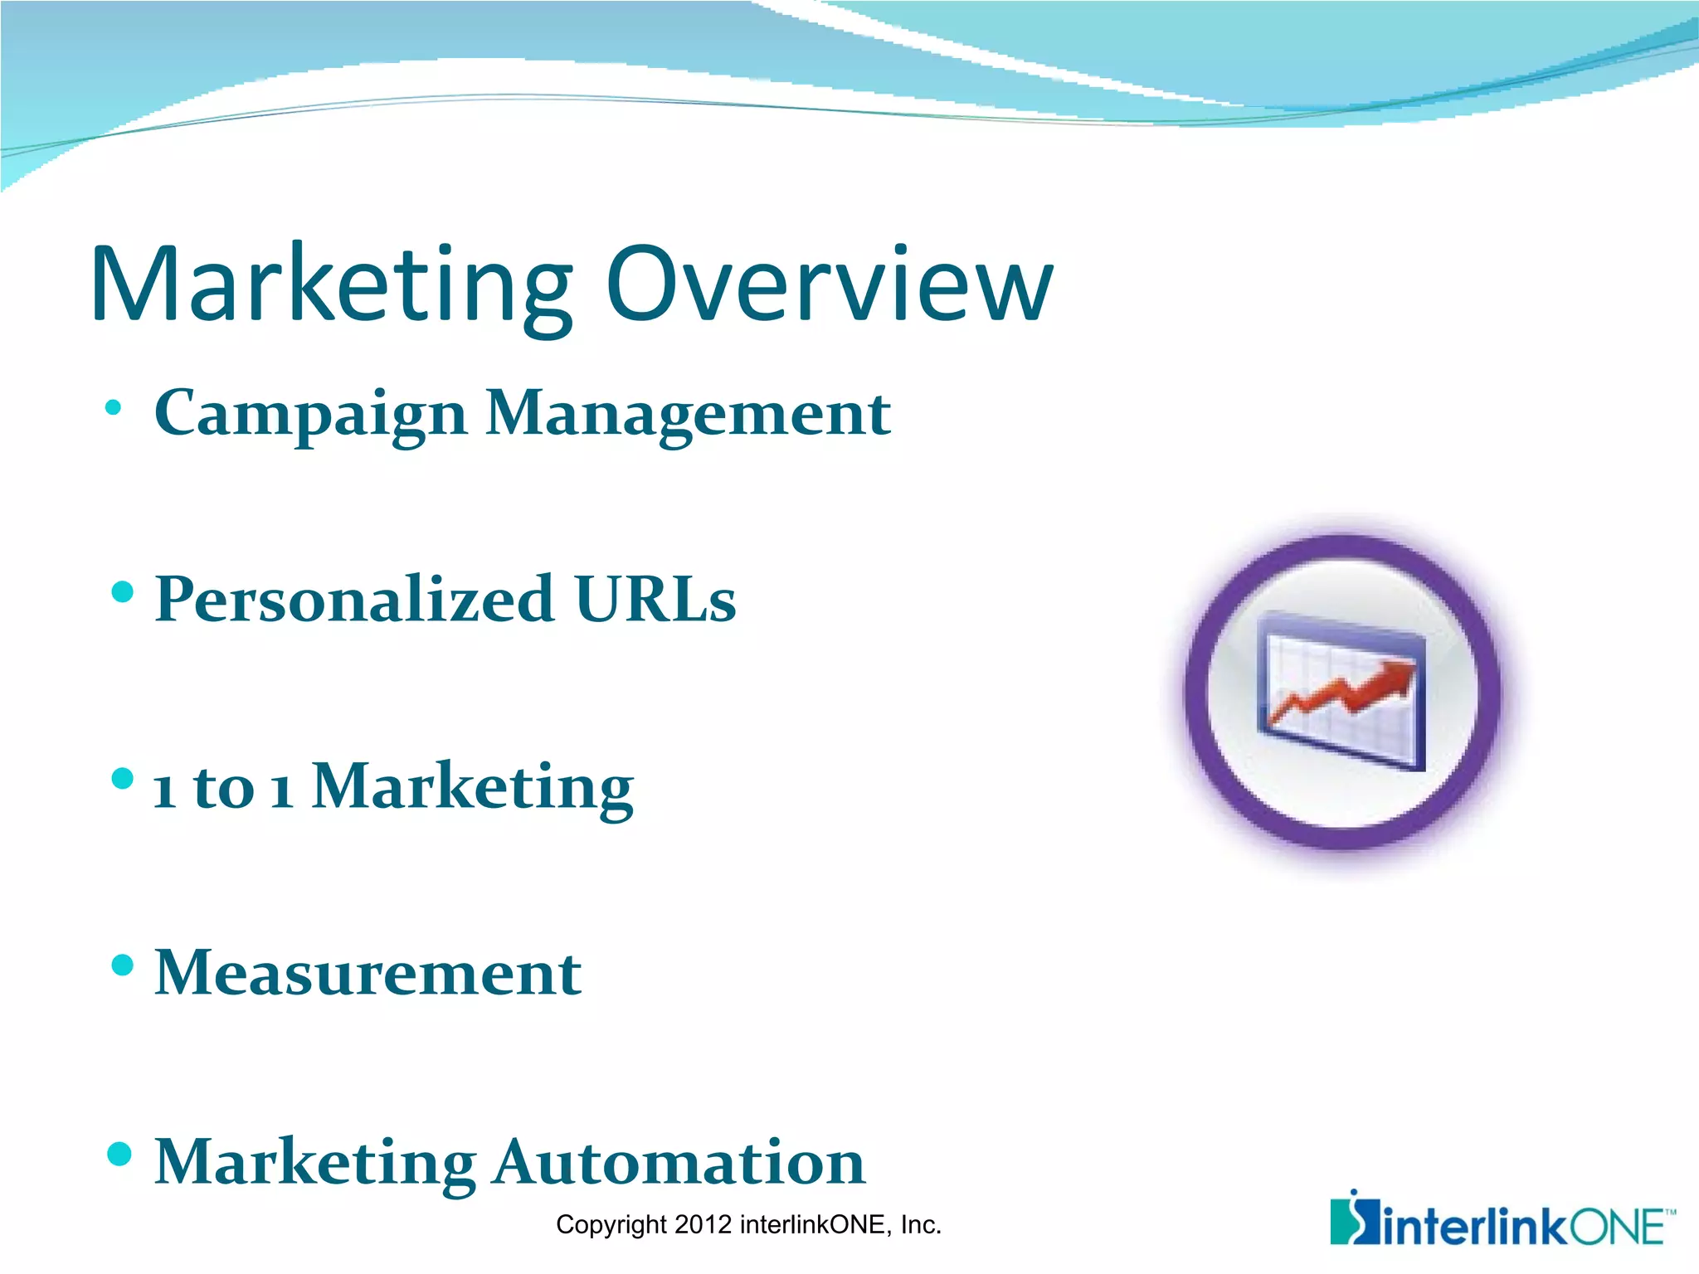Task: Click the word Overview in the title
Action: coord(830,286)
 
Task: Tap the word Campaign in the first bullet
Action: coord(310,413)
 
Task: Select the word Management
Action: coord(688,413)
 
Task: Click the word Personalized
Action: coord(354,599)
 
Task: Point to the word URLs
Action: coord(655,599)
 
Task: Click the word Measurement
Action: coord(368,972)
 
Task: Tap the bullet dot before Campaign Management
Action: coord(114,408)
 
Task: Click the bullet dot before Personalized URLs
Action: coord(122,592)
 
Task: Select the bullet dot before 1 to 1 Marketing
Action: coord(122,779)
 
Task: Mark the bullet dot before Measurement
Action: coord(122,965)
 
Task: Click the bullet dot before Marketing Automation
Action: coord(120,1154)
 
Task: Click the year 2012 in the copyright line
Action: coord(703,1225)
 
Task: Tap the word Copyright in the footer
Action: coord(611,1225)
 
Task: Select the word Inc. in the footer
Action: coord(921,1225)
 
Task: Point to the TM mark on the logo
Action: coord(1670,1213)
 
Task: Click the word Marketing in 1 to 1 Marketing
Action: coord(473,785)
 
